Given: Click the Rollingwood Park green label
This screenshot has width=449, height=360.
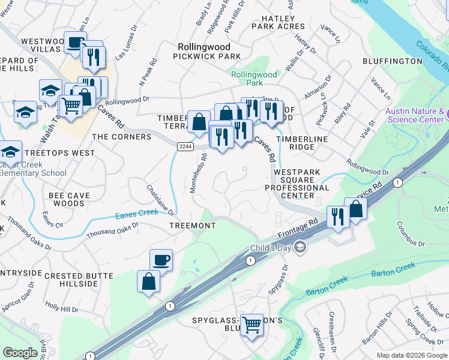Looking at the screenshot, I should (255, 79).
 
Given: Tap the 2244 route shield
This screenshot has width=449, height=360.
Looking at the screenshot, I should (185, 146).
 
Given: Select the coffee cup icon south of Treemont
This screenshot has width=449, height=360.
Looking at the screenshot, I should (161, 260).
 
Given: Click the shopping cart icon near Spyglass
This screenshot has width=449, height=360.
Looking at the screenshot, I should (252, 325).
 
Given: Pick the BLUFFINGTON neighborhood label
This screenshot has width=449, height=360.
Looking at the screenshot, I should (393, 61).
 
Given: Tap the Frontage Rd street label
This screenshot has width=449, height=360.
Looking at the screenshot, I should (298, 228).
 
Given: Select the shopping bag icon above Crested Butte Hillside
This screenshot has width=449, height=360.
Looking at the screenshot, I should (149, 281).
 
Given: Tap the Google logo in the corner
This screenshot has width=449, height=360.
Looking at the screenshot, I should (20, 352).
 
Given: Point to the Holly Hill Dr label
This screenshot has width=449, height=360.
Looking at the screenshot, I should (62, 308).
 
